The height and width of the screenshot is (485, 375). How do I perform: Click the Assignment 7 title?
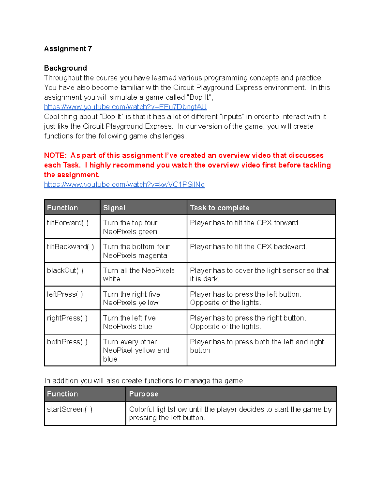pyautogui.click(x=68, y=49)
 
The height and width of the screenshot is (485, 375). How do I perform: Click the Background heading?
pyautogui.click(x=65, y=68)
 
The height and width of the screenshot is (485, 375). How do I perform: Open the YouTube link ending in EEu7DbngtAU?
pyautogui.click(x=125, y=107)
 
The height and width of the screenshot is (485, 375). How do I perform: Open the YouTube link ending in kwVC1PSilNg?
pyautogui.click(x=124, y=185)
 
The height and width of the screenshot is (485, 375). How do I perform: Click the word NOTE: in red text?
pyautogui.click(x=55, y=156)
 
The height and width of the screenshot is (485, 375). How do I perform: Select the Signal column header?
pyautogui.click(x=114, y=208)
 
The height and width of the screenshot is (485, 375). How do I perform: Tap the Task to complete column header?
pyautogui.click(x=220, y=208)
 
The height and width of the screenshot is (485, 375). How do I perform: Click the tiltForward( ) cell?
pyautogui.click(x=68, y=223)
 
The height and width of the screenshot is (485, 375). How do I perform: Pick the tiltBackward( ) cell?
pyautogui.click(x=70, y=247)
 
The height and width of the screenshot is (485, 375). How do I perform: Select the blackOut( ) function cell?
pyautogui.click(x=65, y=270)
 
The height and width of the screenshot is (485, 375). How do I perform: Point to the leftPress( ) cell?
pyautogui.click(x=65, y=294)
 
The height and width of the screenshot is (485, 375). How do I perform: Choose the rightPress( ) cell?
pyautogui.click(x=67, y=318)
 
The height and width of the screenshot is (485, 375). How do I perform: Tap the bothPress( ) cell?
pyautogui.click(x=67, y=342)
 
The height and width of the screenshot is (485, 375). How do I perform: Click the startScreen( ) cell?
pyautogui.click(x=69, y=409)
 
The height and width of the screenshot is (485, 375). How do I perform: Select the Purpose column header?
pyautogui.click(x=143, y=394)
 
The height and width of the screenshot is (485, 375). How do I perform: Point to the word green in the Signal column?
pyautogui.click(x=147, y=232)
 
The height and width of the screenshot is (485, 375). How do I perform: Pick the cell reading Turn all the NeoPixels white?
pyautogui.click(x=139, y=275)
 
